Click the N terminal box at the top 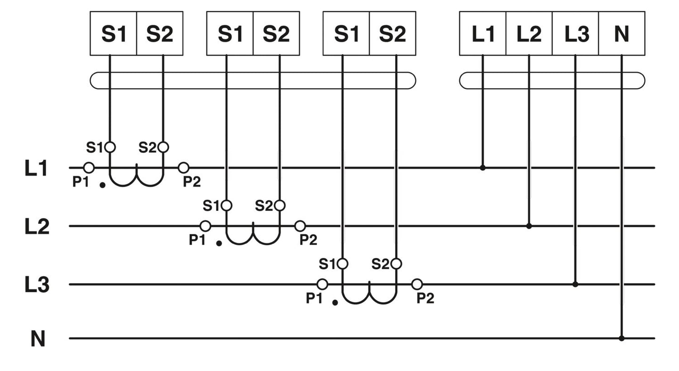(x=621, y=33)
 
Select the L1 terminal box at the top (x=482, y=33)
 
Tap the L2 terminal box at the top (x=529, y=33)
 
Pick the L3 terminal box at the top (x=575, y=33)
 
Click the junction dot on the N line (x=621, y=338)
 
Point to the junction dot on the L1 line (x=482, y=168)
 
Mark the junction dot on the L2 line (x=529, y=226)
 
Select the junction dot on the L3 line (x=575, y=284)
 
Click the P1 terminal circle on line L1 (x=89, y=167)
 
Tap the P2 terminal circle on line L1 (x=184, y=167)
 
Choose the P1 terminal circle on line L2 (x=206, y=226)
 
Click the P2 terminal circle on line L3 (x=417, y=284)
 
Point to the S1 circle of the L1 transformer (x=110, y=147)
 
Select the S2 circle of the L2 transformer (x=280, y=206)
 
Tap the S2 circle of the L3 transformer (x=396, y=264)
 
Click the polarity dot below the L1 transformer (x=102, y=185)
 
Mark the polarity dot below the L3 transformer (x=335, y=303)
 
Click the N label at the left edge (x=38, y=339)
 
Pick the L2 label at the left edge (x=37, y=226)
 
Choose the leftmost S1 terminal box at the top (x=113, y=33)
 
